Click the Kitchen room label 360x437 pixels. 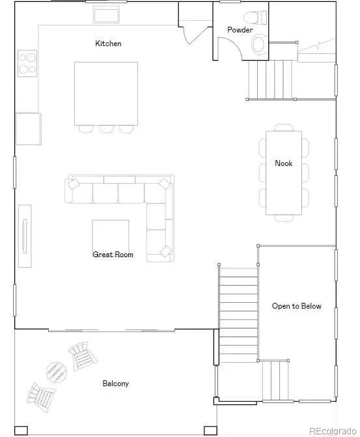coord(108,44)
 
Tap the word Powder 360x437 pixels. coord(240,30)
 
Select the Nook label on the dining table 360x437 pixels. coord(284,163)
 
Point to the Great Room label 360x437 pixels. coord(113,255)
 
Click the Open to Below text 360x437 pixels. coord(297,306)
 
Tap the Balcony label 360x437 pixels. coord(116,384)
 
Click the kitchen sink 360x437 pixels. coord(106,16)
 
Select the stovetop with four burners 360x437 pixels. coord(27,64)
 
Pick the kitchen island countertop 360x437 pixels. coord(106,94)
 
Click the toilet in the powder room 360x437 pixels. coord(255,18)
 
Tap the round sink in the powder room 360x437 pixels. coord(258,44)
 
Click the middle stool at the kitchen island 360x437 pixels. coord(106,129)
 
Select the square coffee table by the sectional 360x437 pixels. coord(111,236)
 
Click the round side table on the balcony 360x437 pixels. coord(57,373)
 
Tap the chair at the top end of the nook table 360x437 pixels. coord(284,128)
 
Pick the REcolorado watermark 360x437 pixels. coord(333,431)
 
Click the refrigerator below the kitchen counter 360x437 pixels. coord(29,129)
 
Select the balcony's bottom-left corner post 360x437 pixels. coord(21,430)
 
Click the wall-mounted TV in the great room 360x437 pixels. coord(25,236)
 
